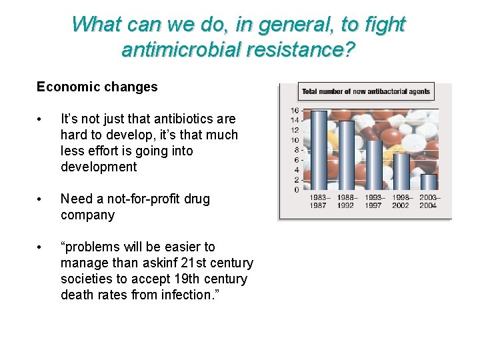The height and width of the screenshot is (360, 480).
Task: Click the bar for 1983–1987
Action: pos(319,151)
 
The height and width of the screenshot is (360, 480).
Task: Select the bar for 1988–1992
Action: pos(347,155)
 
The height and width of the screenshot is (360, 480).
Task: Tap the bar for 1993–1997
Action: pos(374,165)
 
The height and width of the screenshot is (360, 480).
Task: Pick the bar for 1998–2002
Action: pos(401,172)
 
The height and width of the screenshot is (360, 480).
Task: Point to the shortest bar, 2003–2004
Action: pos(429,182)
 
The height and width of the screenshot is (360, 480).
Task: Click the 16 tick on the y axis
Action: pos(294,111)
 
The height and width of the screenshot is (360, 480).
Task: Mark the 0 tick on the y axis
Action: pos(296,190)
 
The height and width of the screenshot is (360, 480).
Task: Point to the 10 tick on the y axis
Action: pos(294,141)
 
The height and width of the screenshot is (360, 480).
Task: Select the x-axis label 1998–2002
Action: pos(401,201)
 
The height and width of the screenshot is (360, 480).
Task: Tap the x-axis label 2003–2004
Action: pos(429,201)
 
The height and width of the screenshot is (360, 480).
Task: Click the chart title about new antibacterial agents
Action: pos(366,91)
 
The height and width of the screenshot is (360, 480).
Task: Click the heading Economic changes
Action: pos(97,87)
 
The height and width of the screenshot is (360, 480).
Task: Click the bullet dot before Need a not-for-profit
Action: pos(41,199)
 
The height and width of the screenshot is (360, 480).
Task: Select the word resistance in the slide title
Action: pos(297,49)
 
